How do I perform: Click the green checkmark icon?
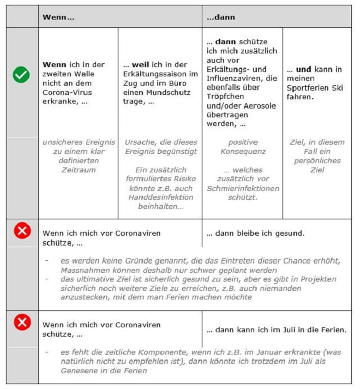click(21, 75)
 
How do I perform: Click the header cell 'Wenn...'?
click(58, 17)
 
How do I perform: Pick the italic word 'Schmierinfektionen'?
click(242, 188)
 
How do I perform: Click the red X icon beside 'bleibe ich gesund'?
click(21, 231)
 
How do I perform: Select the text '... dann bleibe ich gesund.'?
click(255, 233)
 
